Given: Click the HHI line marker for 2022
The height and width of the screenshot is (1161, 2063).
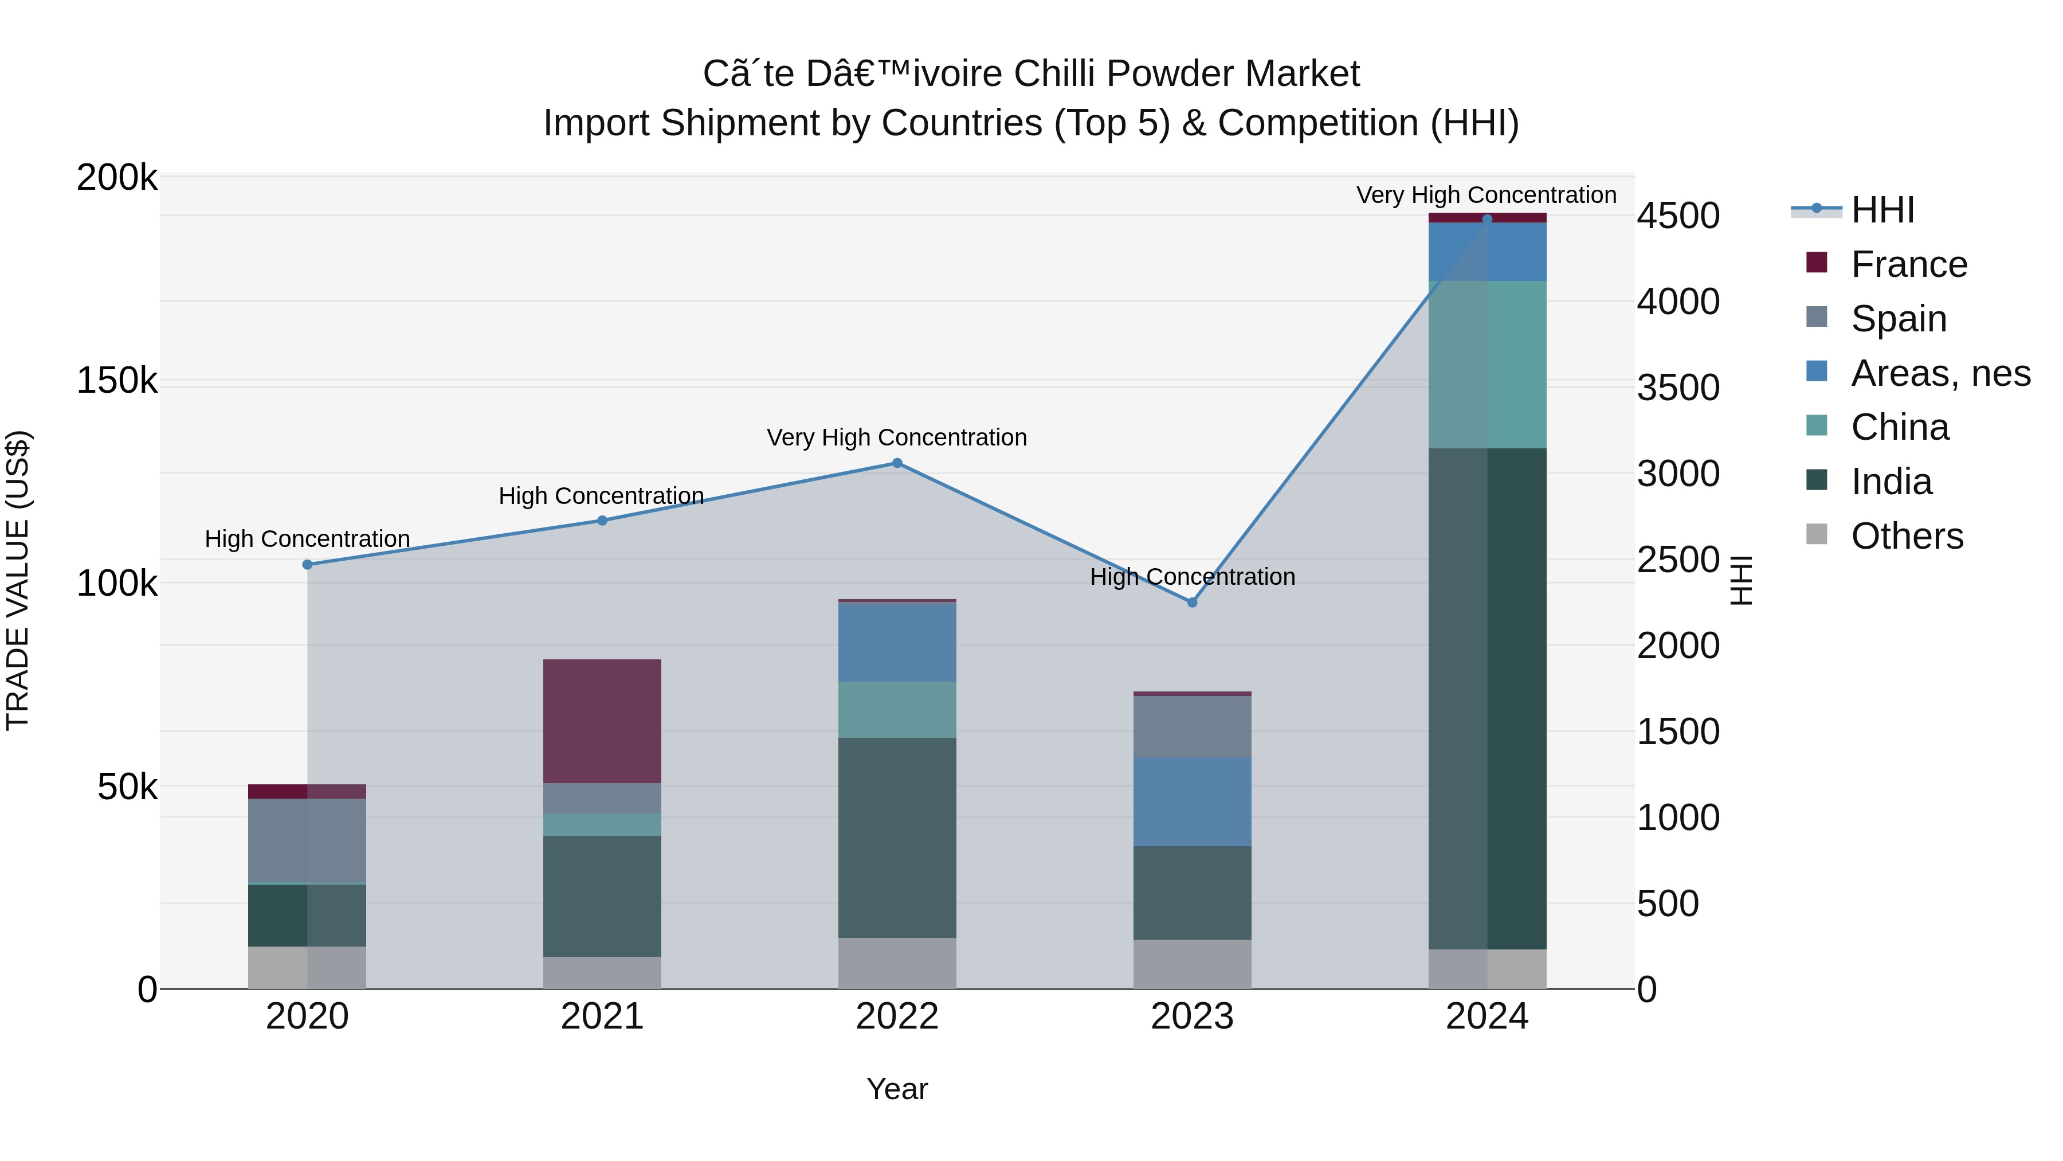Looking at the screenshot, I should (897, 463).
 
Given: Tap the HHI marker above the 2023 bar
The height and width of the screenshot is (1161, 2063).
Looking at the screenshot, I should (1192, 603).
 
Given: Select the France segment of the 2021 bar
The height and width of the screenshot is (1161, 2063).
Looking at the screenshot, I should (602, 721).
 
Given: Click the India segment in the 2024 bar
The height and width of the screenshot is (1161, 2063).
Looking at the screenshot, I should (1487, 697).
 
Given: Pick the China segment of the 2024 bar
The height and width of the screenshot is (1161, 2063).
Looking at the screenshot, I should (1487, 365).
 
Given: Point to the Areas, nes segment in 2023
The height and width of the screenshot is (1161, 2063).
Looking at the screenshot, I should (1192, 802).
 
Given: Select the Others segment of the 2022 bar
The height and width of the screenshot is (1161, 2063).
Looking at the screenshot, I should (897, 963).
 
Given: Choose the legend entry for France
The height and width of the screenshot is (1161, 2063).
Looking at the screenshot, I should (1908, 264).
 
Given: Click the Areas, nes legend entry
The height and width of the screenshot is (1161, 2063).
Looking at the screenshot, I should (1940, 373).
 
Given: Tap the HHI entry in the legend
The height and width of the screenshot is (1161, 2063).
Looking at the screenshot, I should (1882, 210).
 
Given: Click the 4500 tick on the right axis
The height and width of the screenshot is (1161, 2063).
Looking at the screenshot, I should (1678, 216).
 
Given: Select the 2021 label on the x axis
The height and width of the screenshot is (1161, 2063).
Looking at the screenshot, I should (602, 1016).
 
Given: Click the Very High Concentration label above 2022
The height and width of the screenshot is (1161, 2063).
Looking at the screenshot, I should (897, 437).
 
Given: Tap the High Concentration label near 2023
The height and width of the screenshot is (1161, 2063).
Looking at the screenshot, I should (1192, 577).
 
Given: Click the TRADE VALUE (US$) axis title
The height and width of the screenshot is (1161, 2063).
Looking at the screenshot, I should (18, 580).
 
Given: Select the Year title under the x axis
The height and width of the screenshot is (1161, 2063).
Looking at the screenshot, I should (897, 1089).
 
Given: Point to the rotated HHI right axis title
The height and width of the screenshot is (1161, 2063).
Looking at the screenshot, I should (1741, 580).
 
